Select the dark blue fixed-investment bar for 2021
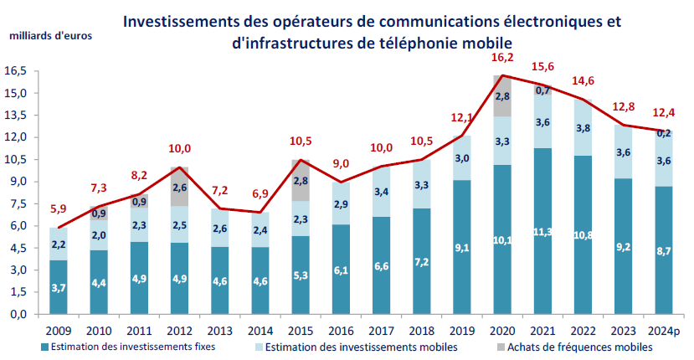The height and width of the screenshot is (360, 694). coord(543,231)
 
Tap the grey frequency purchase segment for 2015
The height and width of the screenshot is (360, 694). coord(301,180)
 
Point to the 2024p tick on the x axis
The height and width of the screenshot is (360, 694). coord(664,330)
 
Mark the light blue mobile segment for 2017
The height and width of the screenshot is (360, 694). coord(381,192)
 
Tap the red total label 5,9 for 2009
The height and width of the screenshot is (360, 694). coord(58,208)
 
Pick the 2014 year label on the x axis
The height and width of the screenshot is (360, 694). coord(260,330)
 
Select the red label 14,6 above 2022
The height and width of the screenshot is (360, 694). coord(583,81)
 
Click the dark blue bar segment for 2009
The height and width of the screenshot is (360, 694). coord(59,288)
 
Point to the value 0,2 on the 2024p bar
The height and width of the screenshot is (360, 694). coord(664,133)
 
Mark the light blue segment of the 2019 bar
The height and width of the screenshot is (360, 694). coord(462,157)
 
